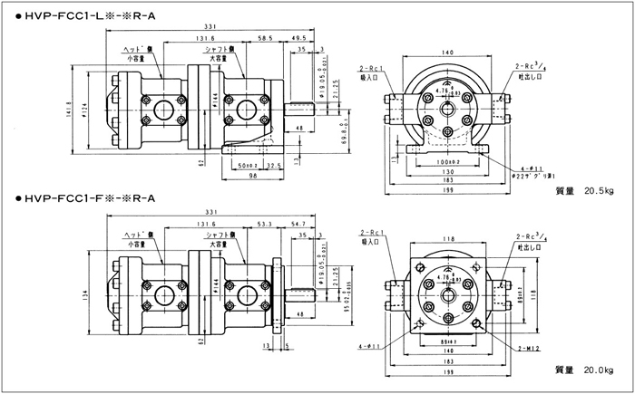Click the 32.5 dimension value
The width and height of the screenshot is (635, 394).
coord(272,167)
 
